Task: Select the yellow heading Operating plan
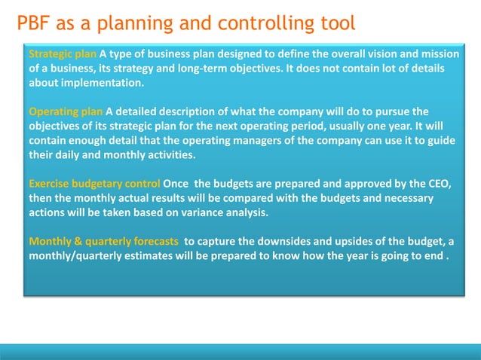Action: pos(66,112)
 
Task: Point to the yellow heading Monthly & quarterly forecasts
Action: pos(103,241)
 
